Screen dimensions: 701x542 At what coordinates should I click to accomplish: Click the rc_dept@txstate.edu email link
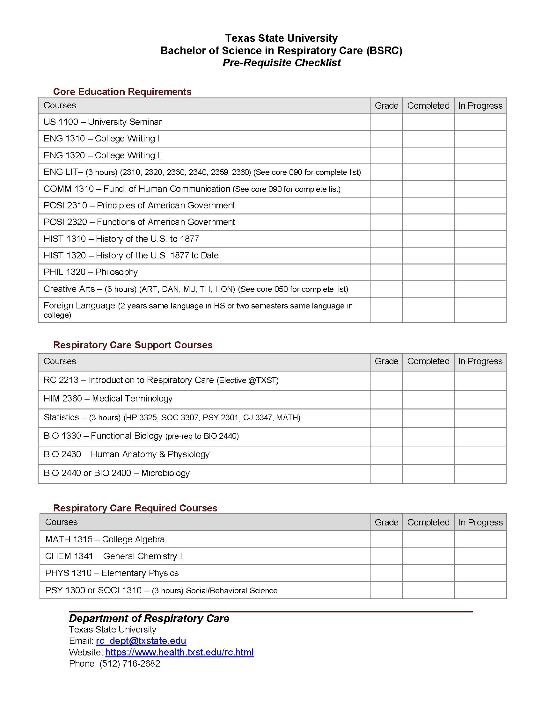tap(141, 641)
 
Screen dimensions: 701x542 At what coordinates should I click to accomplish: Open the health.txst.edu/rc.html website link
tap(179, 652)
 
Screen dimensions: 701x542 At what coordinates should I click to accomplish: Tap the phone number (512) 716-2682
tap(130, 663)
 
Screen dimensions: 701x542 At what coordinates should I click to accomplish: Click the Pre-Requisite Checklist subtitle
tap(281, 62)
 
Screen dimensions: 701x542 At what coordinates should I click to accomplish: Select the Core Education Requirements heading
tap(122, 91)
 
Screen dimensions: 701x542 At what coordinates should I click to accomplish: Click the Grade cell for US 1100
tap(386, 122)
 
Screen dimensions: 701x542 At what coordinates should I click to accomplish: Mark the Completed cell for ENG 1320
tap(428, 155)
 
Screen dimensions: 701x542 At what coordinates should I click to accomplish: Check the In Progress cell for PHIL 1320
tap(480, 272)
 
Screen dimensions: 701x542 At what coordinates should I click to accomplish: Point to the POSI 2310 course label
tap(139, 206)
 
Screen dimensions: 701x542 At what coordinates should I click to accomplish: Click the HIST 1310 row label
tap(121, 239)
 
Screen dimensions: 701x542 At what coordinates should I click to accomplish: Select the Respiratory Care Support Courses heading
tap(133, 345)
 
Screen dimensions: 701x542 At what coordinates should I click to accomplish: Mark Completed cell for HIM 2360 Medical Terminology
tap(428, 399)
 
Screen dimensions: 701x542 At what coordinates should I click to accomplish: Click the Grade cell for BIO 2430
tap(386, 455)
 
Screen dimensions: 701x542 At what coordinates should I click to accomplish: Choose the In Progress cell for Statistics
tap(480, 418)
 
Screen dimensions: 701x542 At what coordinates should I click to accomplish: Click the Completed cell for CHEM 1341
tap(428, 556)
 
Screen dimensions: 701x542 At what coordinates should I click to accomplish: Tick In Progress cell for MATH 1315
tap(480, 539)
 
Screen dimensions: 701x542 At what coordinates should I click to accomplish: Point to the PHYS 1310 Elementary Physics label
tap(112, 573)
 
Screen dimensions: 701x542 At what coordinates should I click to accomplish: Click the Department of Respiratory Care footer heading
tap(149, 618)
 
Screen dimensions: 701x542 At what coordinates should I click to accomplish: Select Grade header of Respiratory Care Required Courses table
tap(386, 522)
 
